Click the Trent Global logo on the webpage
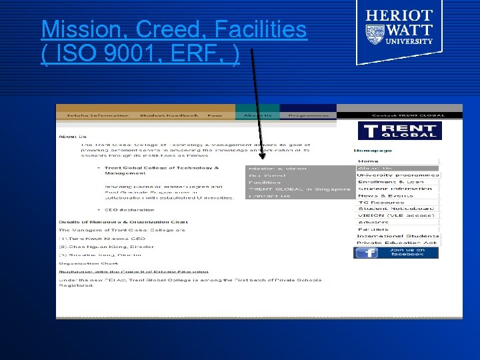pyautogui.click(x=399, y=130)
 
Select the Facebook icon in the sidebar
pyautogui.click(x=366, y=253)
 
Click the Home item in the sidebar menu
pyautogui.click(x=368, y=161)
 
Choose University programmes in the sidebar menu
pyautogui.click(x=397, y=175)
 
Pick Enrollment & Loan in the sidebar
pyautogui.click(x=390, y=182)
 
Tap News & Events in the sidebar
pyautogui.click(x=385, y=195)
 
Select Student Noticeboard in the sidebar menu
pyautogui.click(x=396, y=209)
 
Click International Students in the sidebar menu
pyautogui.click(x=397, y=236)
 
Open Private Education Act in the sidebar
pyautogui.click(x=396, y=243)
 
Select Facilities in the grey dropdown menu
pyautogui.click(x=265, y=182)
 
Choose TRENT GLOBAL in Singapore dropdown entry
pyautogui.click(x=298, y=189)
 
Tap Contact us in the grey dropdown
pyautogui.click(x=269, y=196)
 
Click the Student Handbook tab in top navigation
pyautogui.click(x=169, y=115)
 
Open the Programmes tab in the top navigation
pyautogui.click(x=308, y=115)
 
